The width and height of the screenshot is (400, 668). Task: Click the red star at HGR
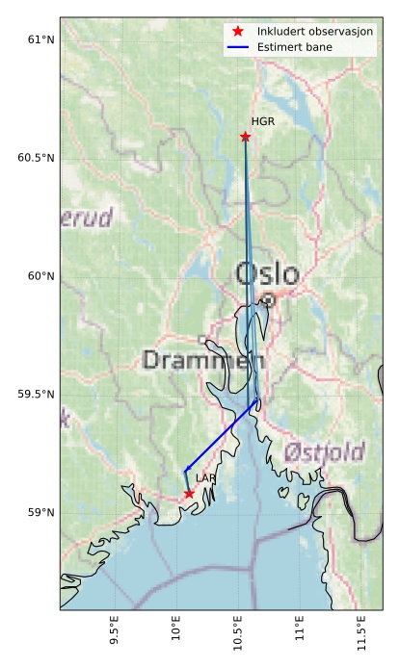click(x=245, y=137)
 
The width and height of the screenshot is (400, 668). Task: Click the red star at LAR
click(x=189, y=494)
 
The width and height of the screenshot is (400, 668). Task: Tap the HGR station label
click(x=262, y=121)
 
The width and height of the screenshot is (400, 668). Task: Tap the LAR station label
click(x=205, y=477)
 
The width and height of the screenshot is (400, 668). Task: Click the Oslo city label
click(x=267, y=274)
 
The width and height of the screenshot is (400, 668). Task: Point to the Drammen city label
click(x=202, y=361)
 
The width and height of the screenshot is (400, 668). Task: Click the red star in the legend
click(x=238, y=31)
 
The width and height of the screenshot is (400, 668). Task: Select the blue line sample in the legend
click(x=238, y=46)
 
